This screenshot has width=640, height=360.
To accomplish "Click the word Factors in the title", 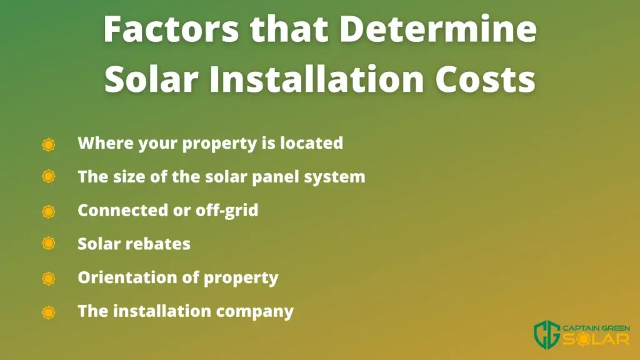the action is [x=171, y=29].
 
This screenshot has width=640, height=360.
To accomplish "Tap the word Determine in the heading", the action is [x=438, y=29].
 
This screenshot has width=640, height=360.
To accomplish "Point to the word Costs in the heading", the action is [x=485, y=79].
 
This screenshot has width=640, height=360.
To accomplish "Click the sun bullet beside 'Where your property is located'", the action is [x=49, y=144].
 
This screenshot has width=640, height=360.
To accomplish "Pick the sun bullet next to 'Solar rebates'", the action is [x=49, y=244].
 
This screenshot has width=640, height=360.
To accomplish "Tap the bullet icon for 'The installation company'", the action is [x=49, y=312].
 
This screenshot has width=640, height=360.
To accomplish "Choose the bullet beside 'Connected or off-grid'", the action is [x=49, y=211].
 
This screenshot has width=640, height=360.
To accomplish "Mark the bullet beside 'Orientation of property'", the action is [x=49, y=279].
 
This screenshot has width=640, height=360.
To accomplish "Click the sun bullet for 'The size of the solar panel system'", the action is [x=49, y=177].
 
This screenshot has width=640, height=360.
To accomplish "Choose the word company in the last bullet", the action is [x=255, y=312].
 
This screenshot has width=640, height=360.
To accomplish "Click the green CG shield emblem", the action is [x=547, y=334].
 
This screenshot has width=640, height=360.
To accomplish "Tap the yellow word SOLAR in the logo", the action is [x=596, y=339].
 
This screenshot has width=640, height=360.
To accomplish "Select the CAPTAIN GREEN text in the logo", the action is [x=596, y=328].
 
